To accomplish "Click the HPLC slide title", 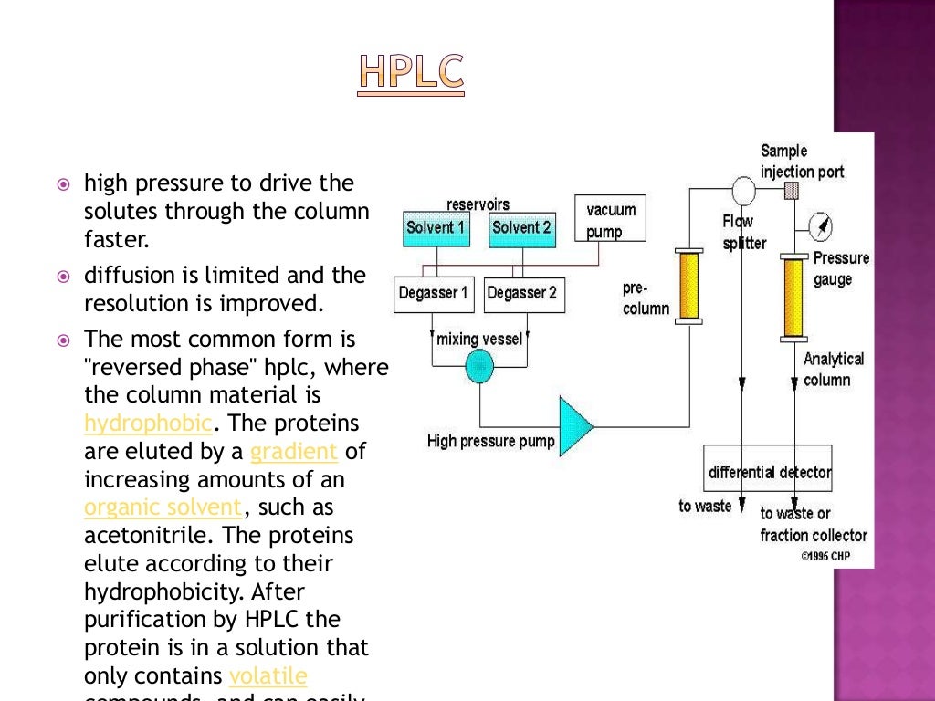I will (410, 72).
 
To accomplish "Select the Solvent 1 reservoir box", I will (436, 228).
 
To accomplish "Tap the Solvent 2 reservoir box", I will (521, 228).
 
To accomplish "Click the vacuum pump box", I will (610, 219).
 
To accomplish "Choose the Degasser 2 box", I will (521, 293).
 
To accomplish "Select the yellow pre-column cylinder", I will (689, 286).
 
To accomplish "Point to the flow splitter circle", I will (743, 191).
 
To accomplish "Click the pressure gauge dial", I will (821, 226).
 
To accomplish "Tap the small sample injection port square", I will (792, 190).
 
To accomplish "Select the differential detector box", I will (768, 472).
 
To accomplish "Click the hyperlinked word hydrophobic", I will (148, 424).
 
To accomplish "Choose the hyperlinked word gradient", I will (294, 452).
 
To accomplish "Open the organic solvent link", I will (163, 507).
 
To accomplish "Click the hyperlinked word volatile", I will (268, 675).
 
